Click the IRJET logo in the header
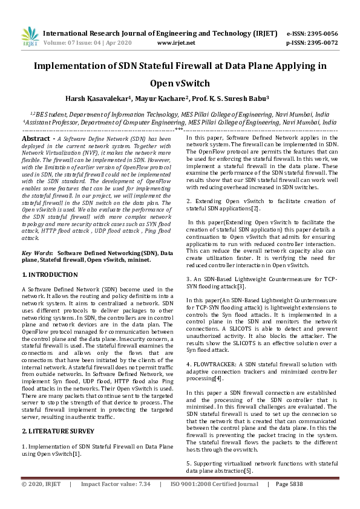(x=30, y=38)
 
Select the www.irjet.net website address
(x=175, y=43)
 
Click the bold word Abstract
(x=35, y=138)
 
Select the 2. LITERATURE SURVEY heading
(x=58, y=414)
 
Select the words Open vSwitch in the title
(x=180, y=83)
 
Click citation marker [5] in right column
(x=248, y=470)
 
